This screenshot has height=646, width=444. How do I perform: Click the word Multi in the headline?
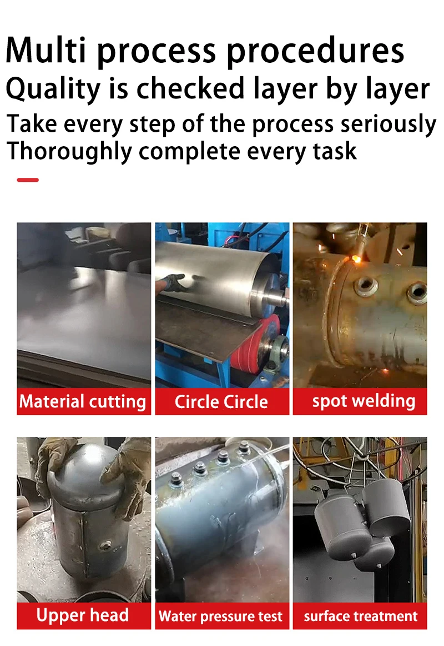pos(46,50)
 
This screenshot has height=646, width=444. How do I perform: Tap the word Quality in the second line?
pos(53,90)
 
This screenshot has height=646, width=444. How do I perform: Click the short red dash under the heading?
pos(28,180)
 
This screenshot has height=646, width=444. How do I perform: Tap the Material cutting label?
pos(83,402)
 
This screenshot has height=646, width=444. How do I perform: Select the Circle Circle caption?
pos(221,402)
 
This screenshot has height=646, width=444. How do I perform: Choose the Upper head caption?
pos(83,615)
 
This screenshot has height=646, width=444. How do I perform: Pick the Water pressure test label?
pos(221,617)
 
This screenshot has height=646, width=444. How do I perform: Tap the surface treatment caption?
pos(361,616)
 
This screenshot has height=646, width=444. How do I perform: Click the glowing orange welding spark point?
pos(355,259)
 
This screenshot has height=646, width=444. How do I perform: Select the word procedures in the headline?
pos(315,52)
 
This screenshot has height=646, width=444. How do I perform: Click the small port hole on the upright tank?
pos(105,546)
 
